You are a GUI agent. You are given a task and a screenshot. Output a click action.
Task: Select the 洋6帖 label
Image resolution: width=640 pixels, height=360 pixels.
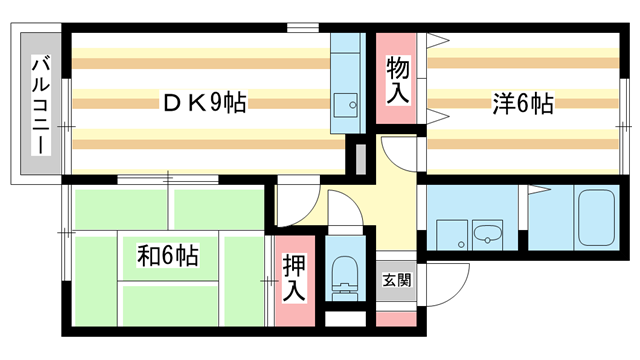click(x=522, y=102)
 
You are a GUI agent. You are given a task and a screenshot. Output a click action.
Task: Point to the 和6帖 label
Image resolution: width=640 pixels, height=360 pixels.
click(x=167, y=256)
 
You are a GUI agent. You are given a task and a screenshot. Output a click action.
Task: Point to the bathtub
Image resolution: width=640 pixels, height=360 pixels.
click(x=597, y=217)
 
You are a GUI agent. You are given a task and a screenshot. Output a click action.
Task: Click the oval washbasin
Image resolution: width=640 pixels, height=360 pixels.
click(x=488, y=236)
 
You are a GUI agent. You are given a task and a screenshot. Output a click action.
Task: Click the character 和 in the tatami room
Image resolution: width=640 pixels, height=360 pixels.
click(x=146, y=256)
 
